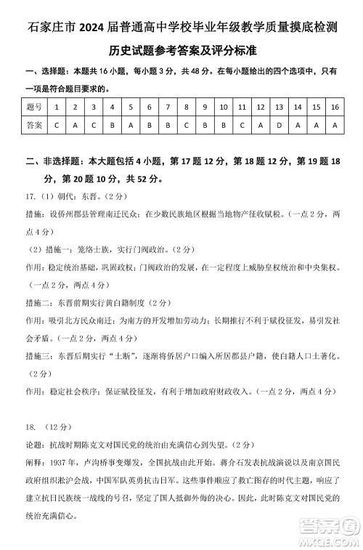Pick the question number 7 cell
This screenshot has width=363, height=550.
pos(168,108)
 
